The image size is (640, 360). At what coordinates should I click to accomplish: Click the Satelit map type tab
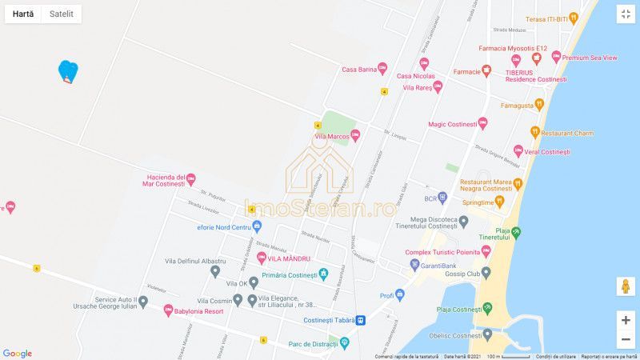(x=62, y=14)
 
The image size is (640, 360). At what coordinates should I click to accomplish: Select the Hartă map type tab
(x=23, y=14)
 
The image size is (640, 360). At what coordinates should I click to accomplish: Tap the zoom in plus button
(x=626, y=319)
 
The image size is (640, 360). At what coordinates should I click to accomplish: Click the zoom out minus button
(x=626, y=339)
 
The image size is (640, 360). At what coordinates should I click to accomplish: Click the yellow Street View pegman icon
(x=626, y=286)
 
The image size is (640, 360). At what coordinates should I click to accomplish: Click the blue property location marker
(x=68, y=72)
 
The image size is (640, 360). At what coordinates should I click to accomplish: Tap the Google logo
(x=17, y=353)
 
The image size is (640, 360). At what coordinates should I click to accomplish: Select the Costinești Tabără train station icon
(x=361, y=320)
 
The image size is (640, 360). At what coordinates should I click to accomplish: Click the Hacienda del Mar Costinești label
(x=166, y=181)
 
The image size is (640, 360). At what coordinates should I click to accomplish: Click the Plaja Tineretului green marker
(x=517, y=233)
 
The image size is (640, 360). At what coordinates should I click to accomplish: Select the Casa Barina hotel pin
(x=382, y=70)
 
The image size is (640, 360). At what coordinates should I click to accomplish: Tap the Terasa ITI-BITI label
(x=551, y=18)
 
